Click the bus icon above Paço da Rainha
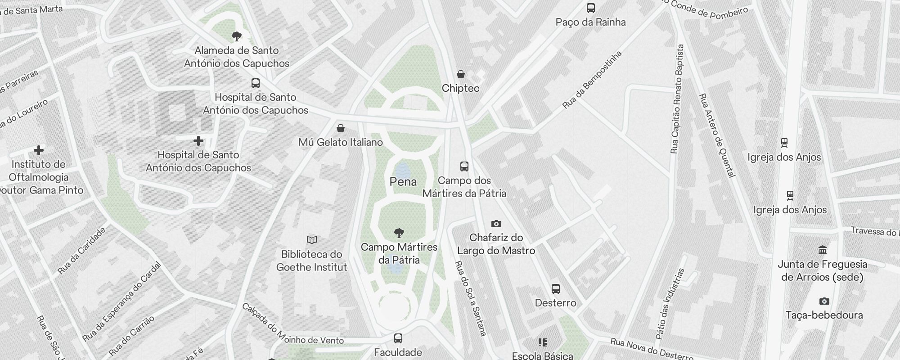pos(590,8)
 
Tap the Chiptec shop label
pos(460,88)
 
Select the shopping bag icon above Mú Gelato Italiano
pos(341,129)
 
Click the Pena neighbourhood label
pos(403,182)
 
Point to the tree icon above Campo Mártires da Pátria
pos(399,233)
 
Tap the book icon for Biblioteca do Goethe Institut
pos(311,240)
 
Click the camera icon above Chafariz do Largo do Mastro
pos(496,224)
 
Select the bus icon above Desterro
pos(556,289)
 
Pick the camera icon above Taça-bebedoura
pos(824,301)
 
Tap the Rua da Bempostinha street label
pos(592,80)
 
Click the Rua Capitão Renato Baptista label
pos(677,99)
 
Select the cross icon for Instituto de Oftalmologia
pos(39,150)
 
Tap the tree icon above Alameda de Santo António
pos(236,36)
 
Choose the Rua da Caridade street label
pos(82,251)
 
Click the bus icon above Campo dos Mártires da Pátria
pos(464,166)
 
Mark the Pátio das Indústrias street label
pos(670,304)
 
